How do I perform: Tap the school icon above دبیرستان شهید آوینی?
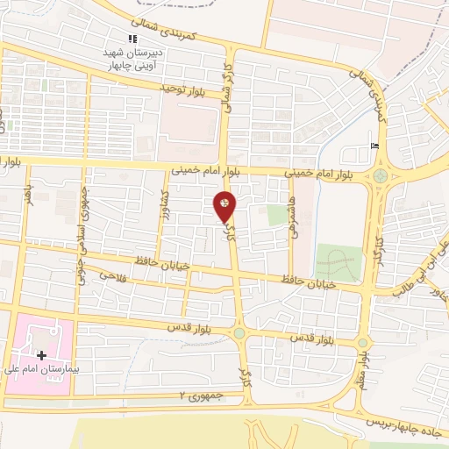point(132,39)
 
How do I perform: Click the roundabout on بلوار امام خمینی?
point(380,175)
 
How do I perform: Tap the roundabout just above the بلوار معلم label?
point(362,341)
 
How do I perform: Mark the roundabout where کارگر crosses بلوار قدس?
point(239,332)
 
